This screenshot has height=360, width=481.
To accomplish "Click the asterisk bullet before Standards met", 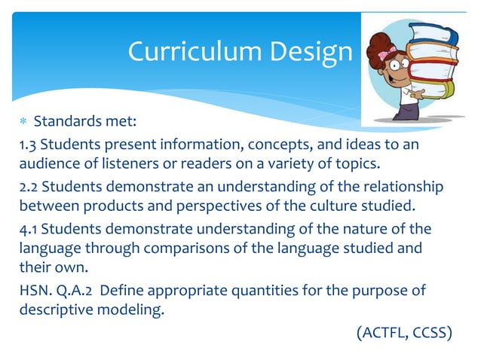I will (21, 123).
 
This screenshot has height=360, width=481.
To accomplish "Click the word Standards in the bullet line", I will (64, 122).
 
